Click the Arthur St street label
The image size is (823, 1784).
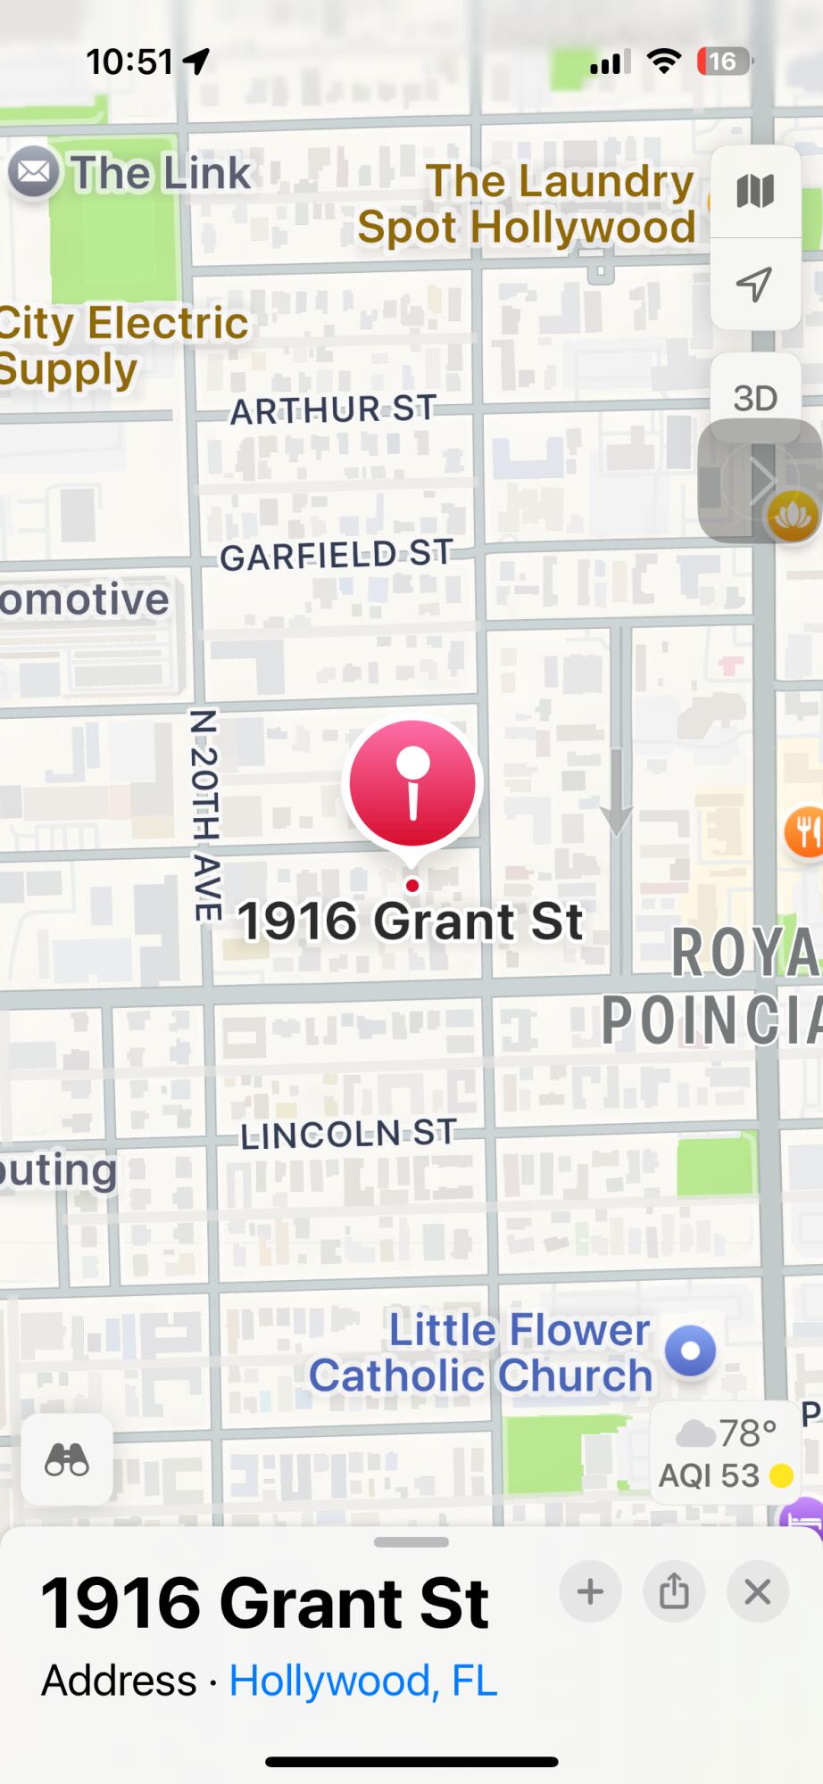(x=333, y=409)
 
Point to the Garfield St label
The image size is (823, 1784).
(x=337, y=555)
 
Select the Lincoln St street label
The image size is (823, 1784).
(x=348, y=1134)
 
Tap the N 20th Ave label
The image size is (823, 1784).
(x=205, y=814)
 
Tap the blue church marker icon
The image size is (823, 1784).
(x=691, y=1350)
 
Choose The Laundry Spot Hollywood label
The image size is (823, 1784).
(x=527, y=203)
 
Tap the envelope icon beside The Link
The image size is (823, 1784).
(x=34, y=171)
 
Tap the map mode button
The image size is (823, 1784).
(x=755, y=191)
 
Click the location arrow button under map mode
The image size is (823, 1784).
(x=755, y=284)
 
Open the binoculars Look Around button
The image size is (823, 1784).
(x=67, y=1460)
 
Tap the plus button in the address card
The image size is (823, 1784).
(x=590, y=1592)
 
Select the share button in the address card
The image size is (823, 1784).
(x=674, y=1592)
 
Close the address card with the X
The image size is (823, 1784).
(x=758, y=1592)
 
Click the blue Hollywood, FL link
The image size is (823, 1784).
(x=362, y=1681)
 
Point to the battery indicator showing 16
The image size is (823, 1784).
(x=723, y=62)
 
